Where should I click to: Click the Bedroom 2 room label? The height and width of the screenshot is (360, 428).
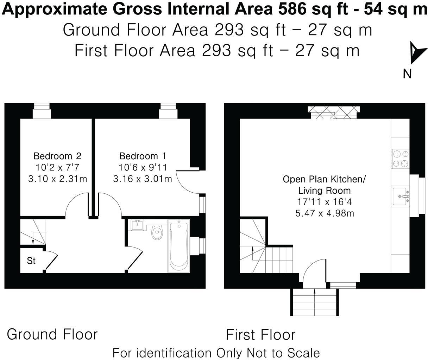(x=57, y=156)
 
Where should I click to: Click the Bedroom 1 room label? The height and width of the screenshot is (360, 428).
(x=143, y=156)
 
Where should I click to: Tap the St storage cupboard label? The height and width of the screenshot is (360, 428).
(x=31, y=261)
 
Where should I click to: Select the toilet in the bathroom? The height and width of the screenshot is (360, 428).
(x=157, y=232)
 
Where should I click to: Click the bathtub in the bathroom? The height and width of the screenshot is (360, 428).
(x=179, y=246)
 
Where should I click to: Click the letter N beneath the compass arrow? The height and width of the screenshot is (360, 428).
(x=407, y=74)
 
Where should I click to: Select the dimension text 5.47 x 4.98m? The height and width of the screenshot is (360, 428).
(x=324, y=213)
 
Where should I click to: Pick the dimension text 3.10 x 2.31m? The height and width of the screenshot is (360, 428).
(x=57, y=179)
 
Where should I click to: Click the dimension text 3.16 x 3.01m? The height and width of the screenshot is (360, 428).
(x=143, y=179)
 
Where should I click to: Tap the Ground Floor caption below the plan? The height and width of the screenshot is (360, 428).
(x=52, y=334)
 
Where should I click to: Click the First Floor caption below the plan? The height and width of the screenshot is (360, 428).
(x=260, y=335)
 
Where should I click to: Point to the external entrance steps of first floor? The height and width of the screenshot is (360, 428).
(x=315, y=303)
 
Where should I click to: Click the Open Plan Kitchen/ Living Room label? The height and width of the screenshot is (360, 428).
(x=324, y=185)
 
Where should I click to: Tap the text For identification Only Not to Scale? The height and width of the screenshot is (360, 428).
(x=216, y=352)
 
